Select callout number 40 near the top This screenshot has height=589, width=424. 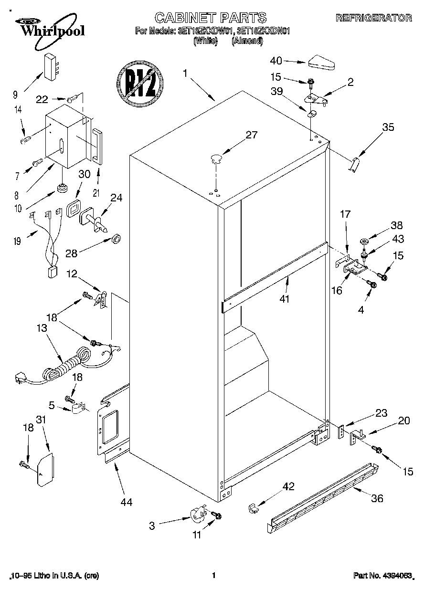point(276,61)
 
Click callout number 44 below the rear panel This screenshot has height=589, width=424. point(126,502)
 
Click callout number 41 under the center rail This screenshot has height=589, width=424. point(286,300)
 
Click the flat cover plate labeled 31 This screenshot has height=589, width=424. point(45,470)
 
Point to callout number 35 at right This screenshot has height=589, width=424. point(388,127)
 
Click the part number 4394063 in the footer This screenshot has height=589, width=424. point(382,576)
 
